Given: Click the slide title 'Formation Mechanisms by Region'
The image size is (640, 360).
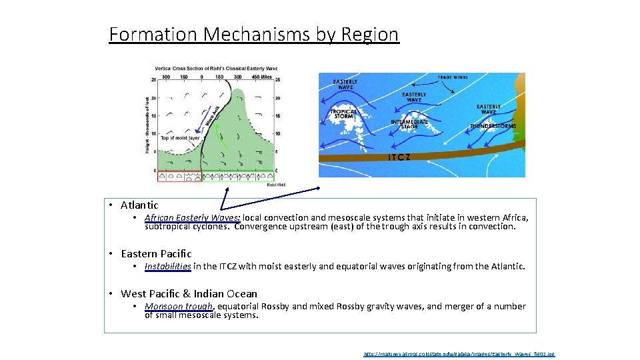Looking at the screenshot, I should click(254, 34).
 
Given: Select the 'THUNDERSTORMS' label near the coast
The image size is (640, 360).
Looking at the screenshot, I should click(493, 126).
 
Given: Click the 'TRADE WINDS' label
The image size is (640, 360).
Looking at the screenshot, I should click(453, 78).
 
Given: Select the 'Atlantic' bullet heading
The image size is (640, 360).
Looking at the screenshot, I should click(139, 205).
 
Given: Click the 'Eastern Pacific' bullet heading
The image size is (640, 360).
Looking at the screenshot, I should click(156, 254).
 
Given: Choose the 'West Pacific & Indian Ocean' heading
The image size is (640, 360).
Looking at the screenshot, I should click(189, 294).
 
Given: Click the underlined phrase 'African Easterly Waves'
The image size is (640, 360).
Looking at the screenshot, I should click(192, 218).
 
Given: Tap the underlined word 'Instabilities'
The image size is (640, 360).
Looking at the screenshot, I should click(167, 267).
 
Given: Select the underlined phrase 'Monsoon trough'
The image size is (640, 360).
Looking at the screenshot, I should click(179, 307).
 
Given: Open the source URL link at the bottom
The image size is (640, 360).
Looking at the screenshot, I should click(459, 355).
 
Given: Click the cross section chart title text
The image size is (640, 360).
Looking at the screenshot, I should click(216, 68).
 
